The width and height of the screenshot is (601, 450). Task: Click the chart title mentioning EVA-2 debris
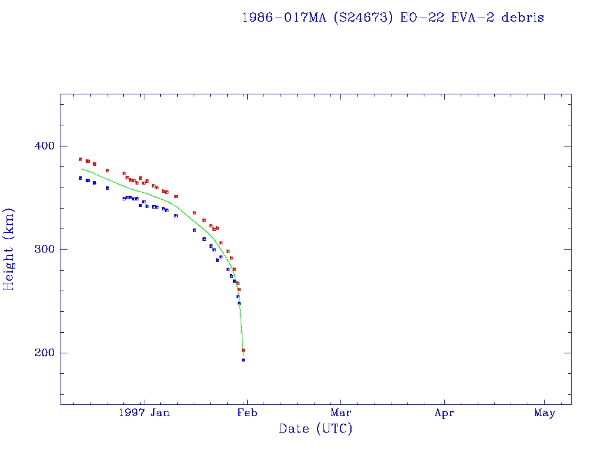click(393, 18)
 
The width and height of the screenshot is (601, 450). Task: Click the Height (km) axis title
click(9, 249)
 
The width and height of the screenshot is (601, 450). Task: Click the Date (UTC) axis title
click(316, 429)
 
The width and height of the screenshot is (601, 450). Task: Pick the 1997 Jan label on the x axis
click(143, 413)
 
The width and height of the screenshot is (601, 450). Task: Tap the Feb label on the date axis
click(247, 413)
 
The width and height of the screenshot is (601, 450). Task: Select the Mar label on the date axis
click(340, 413)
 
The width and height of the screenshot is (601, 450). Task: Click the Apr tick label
click(444, 413)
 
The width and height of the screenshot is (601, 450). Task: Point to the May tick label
click(545, 413)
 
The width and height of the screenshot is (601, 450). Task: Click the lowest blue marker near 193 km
click(243, 360)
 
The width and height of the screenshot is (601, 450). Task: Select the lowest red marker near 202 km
click(243, 350)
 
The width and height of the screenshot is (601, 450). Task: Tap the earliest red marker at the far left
click(80, 159)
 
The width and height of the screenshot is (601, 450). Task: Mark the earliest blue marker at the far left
click(80, 178)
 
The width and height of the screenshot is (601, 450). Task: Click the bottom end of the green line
click(243, 355)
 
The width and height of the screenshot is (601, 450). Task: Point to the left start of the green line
click(81, 169)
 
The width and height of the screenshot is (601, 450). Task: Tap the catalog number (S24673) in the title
click(363, 18)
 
